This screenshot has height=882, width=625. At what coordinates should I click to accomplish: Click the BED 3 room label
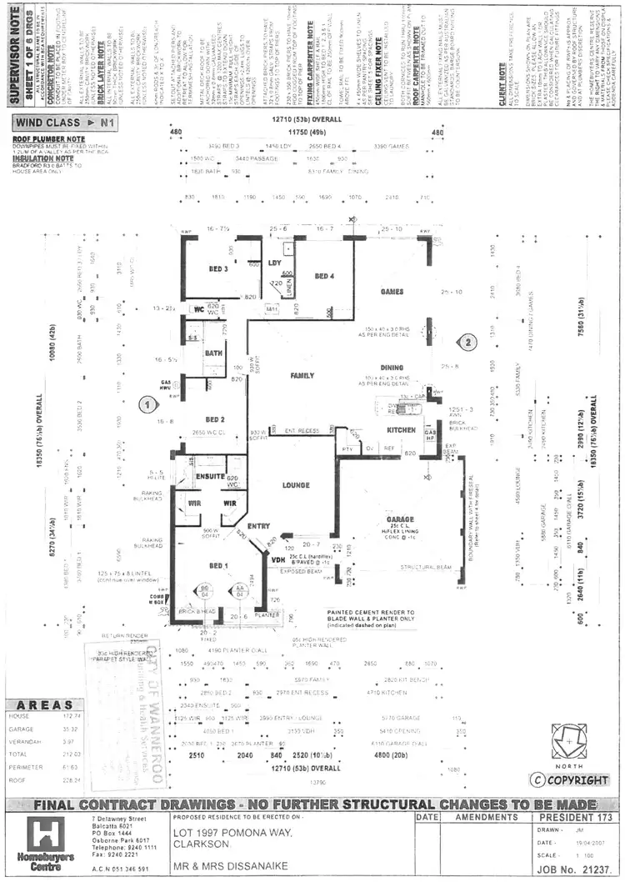[219, 268]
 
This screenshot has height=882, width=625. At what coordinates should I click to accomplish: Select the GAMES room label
[392, 292]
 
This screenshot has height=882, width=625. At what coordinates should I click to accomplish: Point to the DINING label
[392, 367]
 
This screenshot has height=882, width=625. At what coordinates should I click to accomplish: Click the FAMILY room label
[302, 376]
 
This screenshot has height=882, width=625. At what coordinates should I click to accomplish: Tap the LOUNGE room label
[297, 484]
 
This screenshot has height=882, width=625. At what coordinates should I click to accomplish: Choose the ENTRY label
[259, 525]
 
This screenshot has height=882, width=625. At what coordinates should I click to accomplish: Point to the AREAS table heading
[46, 704]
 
